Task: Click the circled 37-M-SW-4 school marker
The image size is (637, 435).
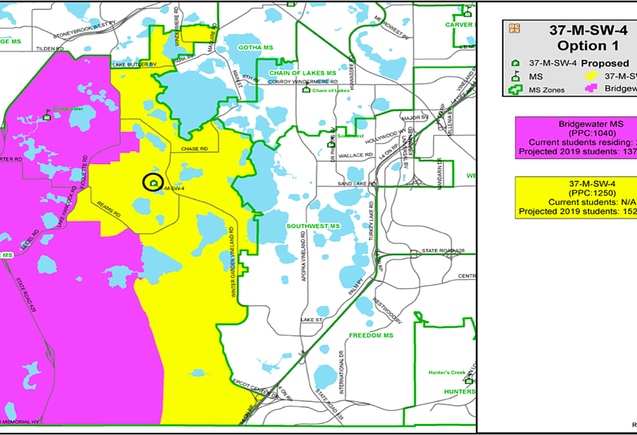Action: pyautogui.click(x=154, y=181)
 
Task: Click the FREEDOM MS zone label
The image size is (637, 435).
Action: pyautogui.click(x=371, y=335)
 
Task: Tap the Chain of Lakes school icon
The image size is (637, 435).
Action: pyautogui.click(x=305, y=90)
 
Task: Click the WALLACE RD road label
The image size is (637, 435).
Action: pyautogui.click(x=357, y=155)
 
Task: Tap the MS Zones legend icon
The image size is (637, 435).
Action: pyautogui.click(x=515, y=89)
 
